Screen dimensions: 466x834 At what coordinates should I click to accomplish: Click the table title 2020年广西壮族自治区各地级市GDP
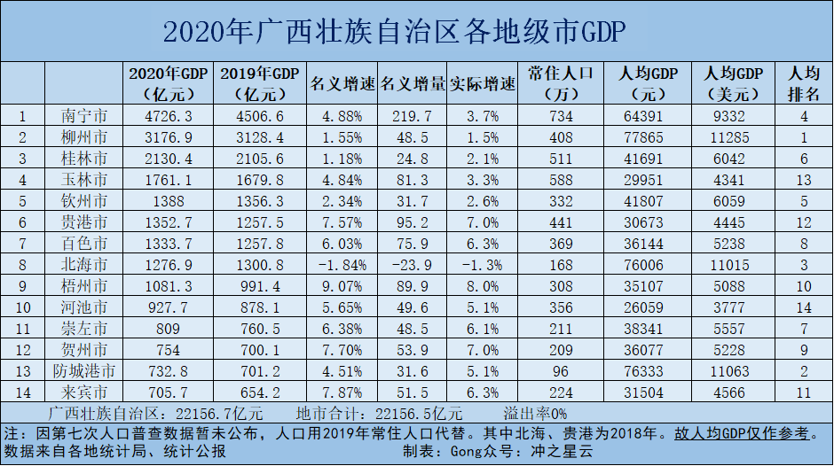click(x=395, y=33)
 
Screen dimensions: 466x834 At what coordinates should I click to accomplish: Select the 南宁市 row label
click(x=86, y=115)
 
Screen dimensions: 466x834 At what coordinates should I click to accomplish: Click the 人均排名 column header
click(x=803, y=83)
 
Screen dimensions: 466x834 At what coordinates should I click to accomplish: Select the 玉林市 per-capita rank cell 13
click(x=804, y=180)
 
